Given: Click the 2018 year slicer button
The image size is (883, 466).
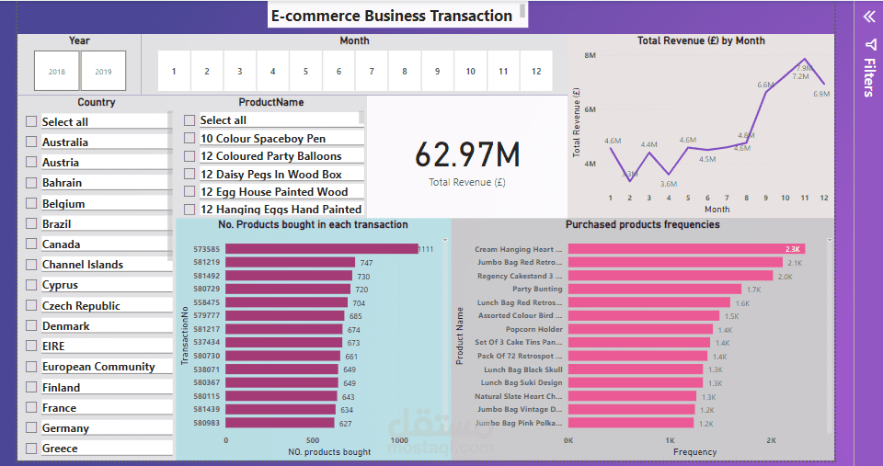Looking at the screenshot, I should tap(56, 71).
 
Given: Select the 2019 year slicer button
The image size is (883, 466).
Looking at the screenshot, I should tap(103, 71).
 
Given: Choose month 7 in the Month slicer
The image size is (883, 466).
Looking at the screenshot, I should tap(372, 71).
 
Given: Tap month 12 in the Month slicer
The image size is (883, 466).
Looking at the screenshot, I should tap(536, 71).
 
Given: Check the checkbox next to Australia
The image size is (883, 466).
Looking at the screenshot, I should tap(31, 142).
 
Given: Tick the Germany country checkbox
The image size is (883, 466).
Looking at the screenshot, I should tap(31, 427).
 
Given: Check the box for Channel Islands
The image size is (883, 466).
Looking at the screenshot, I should tap(31, 265).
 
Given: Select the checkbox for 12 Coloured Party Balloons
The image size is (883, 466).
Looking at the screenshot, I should tap(189, 156).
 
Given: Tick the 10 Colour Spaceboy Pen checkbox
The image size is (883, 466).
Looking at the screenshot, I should tap(189, 138).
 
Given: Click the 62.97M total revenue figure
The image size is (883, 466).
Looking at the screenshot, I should tap(467, 154).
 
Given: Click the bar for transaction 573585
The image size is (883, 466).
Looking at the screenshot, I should tap(321, 249).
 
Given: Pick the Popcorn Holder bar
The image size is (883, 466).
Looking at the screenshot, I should tap(640, 329).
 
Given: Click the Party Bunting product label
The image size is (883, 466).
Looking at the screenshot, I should tap(537, 289).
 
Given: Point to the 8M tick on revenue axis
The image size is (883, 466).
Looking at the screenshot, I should tap(591, 56).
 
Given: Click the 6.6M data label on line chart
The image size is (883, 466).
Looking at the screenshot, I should tap(764, 85).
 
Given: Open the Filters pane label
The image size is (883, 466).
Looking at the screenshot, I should tap(868, 77).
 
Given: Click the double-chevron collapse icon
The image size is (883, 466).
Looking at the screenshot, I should tap(868, 16).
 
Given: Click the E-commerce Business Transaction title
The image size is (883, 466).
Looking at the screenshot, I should tap(392, 16).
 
